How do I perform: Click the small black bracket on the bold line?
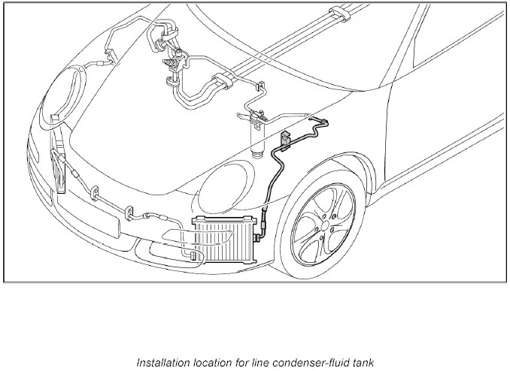tap(286, 140)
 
